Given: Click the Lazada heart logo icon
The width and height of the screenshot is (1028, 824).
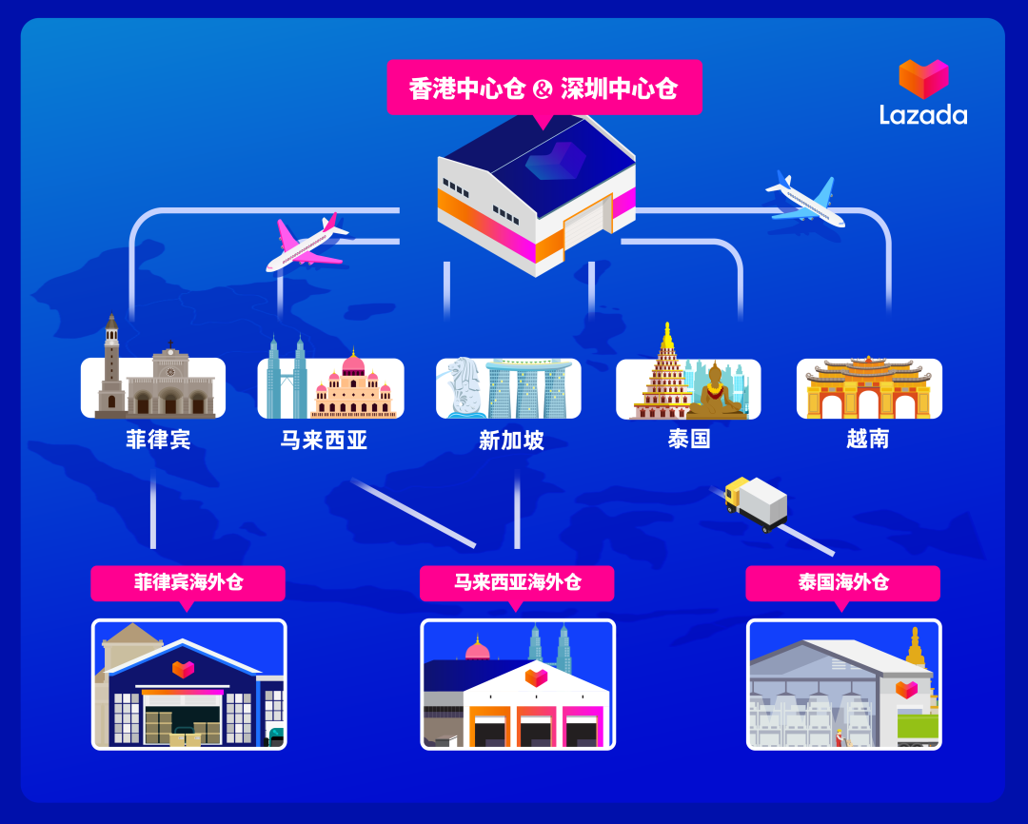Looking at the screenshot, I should pos(923,79).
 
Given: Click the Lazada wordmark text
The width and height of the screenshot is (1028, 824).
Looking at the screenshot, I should pos(922,115).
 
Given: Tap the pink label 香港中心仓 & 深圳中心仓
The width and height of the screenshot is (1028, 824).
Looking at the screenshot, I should pos(544,88).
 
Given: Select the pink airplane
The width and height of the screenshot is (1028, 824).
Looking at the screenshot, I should pos(306,243).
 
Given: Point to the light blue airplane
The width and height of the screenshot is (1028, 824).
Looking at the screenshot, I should pos(804,199).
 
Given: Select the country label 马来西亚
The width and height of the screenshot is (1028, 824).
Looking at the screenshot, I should pos(325,440).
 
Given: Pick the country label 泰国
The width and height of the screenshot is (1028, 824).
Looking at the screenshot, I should pos(688,440).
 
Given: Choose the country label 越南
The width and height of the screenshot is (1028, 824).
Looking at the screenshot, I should pos(868,440).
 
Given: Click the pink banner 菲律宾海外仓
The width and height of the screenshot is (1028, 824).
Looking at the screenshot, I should pos(188,581).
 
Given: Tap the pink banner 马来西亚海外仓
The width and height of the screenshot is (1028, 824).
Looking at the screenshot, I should pos(517,581).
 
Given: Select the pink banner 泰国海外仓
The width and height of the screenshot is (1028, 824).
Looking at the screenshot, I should pos(842,581).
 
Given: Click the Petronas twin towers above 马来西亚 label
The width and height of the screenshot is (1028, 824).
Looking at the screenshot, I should pos(287,377).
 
